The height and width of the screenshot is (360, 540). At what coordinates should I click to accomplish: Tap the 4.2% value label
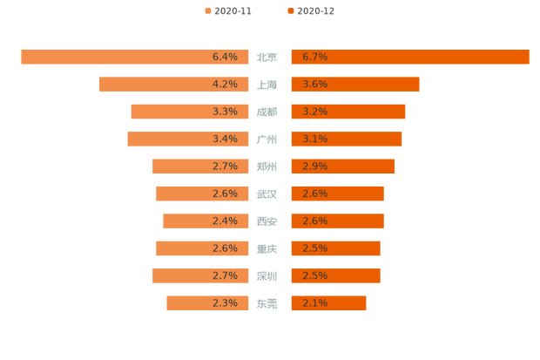click(x=225, y=85)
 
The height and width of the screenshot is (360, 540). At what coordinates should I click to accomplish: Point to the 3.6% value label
click(x=314, y=85)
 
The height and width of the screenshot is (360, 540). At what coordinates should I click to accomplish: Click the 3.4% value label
click(x=225, y=139)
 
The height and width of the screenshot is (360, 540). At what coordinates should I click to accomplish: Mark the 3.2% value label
click(x=314, y=112)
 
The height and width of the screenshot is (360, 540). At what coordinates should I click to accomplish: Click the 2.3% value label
click(x=225, y=303)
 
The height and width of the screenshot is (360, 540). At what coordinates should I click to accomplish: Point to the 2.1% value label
click(x=314, y=303)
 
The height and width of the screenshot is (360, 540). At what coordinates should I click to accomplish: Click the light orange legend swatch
click(x=207, y=11)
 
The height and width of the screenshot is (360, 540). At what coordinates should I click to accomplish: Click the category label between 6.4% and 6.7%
click(x=268, y=58)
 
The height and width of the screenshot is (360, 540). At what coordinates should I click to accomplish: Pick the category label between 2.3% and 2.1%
click(x=268, y=303)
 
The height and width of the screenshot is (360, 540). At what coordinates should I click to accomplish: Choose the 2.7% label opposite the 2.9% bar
click(x=225, y=166)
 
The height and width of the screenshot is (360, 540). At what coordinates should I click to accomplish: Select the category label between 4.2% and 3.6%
click(x=268, y=85)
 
